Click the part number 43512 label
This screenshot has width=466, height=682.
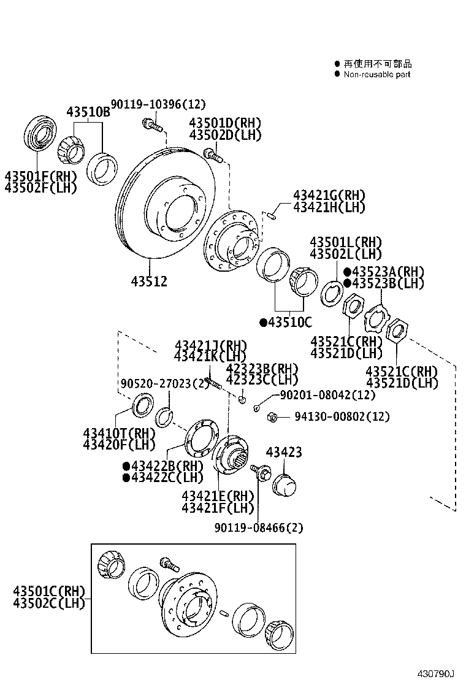coord(149,282)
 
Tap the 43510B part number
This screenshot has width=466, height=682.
coord(88,112)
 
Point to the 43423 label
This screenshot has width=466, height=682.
coord(284,453)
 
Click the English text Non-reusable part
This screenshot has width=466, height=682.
coord(376,74)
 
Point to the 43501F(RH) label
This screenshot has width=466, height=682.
coord(41,177)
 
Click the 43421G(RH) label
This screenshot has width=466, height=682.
coord(329,196)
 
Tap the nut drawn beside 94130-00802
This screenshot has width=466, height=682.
coord(271,418)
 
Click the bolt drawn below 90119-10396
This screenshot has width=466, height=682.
coord(151,125)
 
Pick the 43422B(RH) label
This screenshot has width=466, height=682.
coord(163,466)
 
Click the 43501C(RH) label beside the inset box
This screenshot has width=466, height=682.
coord(48,591)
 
